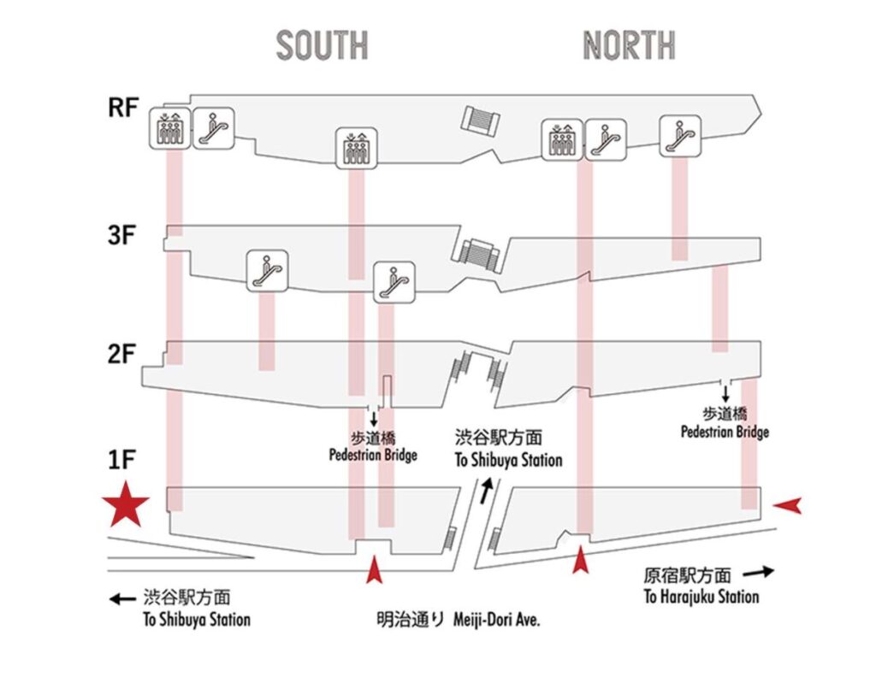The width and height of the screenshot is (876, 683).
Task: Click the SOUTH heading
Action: (x=322, y=44)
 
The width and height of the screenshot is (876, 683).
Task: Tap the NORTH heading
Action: (x=629, y=44)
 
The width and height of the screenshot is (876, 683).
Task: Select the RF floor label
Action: (x=123, y=109)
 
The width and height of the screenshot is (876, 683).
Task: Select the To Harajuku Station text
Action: (x=701, y=597)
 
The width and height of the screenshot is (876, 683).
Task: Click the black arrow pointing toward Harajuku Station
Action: (x=757, y=571)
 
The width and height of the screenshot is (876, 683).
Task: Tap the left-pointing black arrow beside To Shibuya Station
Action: (x=123, y=599)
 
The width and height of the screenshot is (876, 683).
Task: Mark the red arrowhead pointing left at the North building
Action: (x=787, y=506)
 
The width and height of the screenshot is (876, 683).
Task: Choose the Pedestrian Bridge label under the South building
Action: (x=373, y=455)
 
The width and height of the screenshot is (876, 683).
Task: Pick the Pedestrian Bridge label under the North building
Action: (x=725, y=432)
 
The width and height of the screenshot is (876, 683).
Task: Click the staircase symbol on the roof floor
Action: (x=482, y=119)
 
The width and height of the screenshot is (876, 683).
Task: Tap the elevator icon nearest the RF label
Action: (x=169, y=128)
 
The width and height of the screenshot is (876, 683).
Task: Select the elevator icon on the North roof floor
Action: (x=562, y=140)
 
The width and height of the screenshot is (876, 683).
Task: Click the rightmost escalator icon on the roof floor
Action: (x=680, y=132)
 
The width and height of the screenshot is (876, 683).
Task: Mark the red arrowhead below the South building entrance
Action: (x=373, y=569)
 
